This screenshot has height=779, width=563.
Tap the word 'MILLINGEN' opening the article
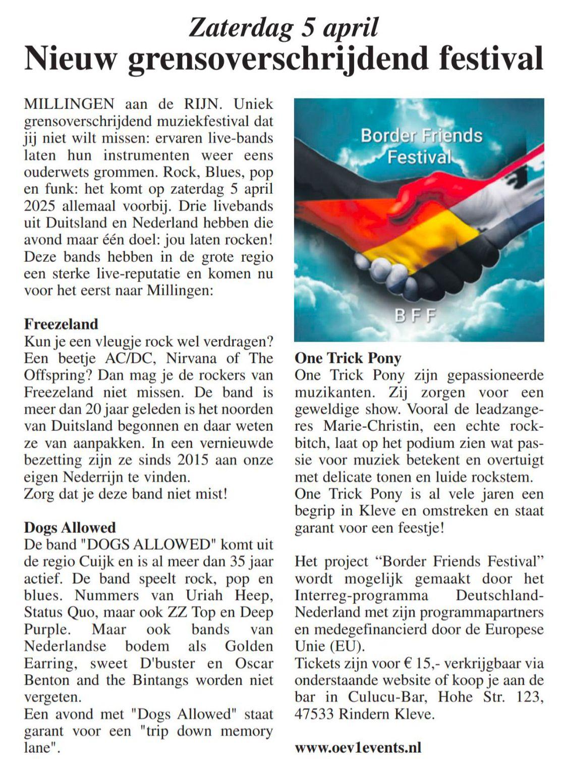point(69,104)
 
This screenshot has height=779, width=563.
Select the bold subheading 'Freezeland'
point(61,324)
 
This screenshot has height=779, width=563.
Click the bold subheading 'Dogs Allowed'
point(70,528)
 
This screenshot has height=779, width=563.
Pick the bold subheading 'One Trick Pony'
point(348,358)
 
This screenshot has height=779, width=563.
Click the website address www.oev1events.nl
point(358,747)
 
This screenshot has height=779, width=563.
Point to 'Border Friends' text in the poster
point(422,135)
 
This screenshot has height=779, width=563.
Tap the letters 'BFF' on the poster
point(416,316)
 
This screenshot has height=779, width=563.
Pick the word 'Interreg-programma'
point(361,595)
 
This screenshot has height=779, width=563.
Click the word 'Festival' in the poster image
point(419,157)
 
